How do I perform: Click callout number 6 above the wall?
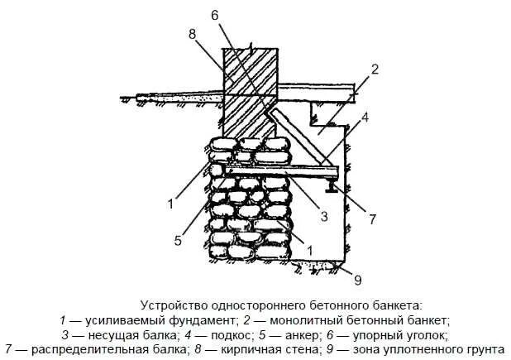point(215,16)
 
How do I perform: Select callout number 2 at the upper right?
point(374,70)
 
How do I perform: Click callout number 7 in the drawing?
point(373,219)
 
